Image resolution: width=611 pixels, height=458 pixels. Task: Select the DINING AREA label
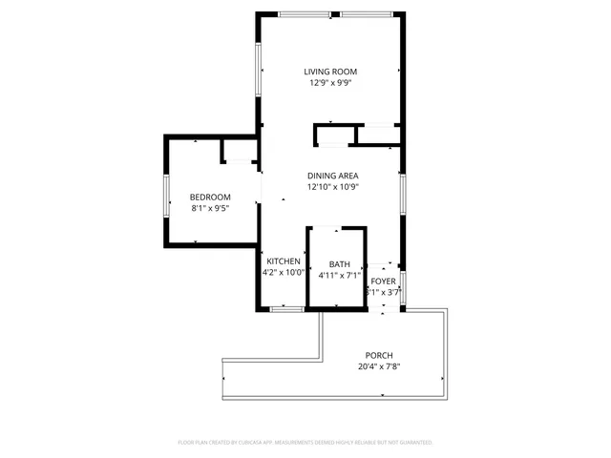click(x=332, y=176)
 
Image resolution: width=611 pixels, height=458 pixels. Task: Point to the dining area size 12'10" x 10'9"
click(x=332, y=187)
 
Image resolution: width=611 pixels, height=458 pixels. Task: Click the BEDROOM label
click(x=210, y=197)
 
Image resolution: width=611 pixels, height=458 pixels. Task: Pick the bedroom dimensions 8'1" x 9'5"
click(x=210, y=208)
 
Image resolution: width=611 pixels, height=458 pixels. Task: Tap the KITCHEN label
click(x=284, y=261)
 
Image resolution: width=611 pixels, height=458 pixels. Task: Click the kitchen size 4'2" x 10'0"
click(x=284, y=273)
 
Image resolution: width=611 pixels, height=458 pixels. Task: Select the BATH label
click(x=340, y=264)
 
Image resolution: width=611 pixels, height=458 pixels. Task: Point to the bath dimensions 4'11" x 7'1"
click(x=340, y=276)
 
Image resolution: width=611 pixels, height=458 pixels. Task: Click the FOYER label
click(x=384, y=281)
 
